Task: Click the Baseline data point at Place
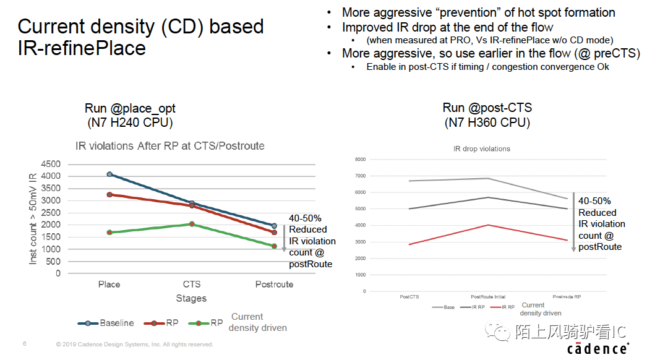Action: [109, 174]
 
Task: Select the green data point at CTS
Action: [192, 224]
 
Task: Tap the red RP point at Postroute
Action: [274, 232]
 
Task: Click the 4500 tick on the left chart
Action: [51, 165]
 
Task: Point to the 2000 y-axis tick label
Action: [51, 225]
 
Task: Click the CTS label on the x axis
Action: [192, 284]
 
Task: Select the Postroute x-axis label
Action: [274, 284]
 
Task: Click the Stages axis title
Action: [191, 298]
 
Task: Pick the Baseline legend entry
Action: [106, 323]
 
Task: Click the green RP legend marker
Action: [197, 323]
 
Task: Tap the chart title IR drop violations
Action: [481, 149]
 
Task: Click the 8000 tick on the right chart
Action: [360, 160]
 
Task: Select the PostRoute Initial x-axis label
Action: [488, 297]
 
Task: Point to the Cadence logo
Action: [598, 348]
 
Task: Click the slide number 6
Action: [24, 343]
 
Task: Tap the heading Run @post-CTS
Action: [487, 108]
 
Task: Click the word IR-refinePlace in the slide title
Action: [82, 48]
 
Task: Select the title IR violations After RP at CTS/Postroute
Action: [169, 146]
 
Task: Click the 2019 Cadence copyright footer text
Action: [134, 344]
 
